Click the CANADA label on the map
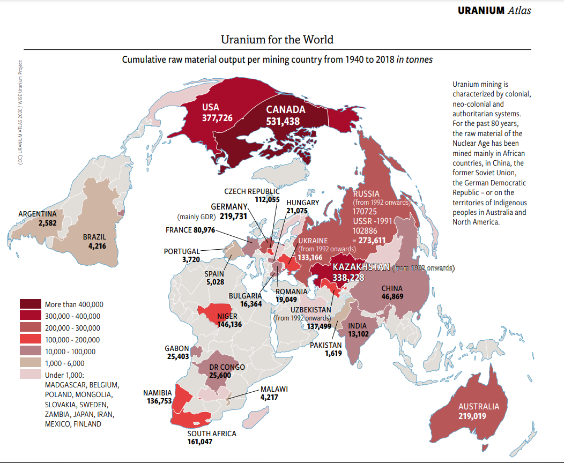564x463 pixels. tap(285, 109)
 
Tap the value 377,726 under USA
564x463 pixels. tap(217, 117)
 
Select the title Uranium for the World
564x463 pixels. tap(277, 40)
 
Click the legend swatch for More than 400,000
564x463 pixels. tap(30, 304)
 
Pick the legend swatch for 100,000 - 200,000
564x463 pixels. tap(30, 340)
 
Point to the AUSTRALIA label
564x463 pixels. tap(479, 406)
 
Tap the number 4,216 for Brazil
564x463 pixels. tap(98, 247)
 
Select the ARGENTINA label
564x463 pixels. tap(37, 214)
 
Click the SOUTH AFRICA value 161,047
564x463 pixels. tap(212, 442)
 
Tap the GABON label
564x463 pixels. tap(177, 348)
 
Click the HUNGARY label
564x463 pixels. tap(302, 203)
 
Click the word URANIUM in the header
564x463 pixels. tap(481, 10)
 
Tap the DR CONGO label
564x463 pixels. tap(227, 367)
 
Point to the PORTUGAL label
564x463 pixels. tap(182, 251)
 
